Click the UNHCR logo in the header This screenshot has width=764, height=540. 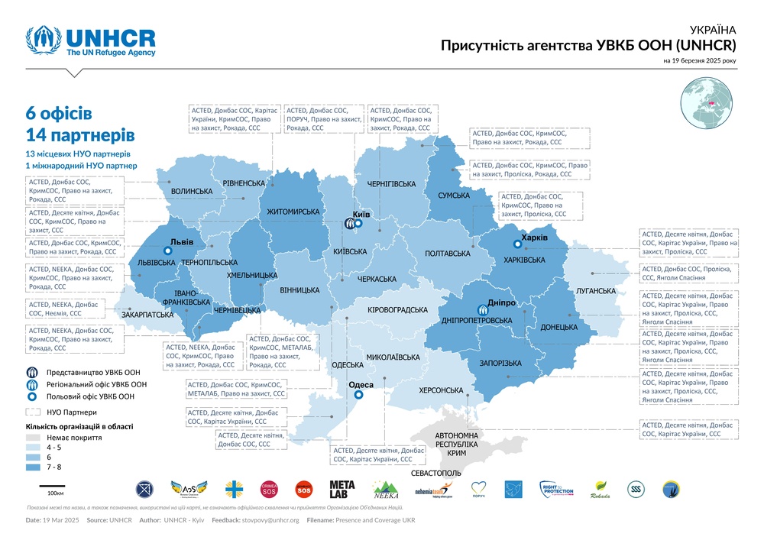[90, 43]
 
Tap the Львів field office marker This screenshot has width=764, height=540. [166, 250]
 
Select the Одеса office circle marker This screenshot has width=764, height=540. [358, 395]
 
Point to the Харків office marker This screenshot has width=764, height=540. [518, 245]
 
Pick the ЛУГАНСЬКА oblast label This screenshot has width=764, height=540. [596, 291]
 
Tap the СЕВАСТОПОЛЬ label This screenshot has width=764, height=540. [436, 474]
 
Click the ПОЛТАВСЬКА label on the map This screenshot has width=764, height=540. [446, 253]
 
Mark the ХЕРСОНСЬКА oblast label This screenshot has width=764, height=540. [442, 391]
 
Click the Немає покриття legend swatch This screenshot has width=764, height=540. [33, 438]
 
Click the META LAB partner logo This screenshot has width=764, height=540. [342, 489]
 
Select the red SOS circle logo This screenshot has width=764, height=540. [303, 489]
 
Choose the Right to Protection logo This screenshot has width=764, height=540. [557, 489]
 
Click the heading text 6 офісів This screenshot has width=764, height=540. [59, 113]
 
